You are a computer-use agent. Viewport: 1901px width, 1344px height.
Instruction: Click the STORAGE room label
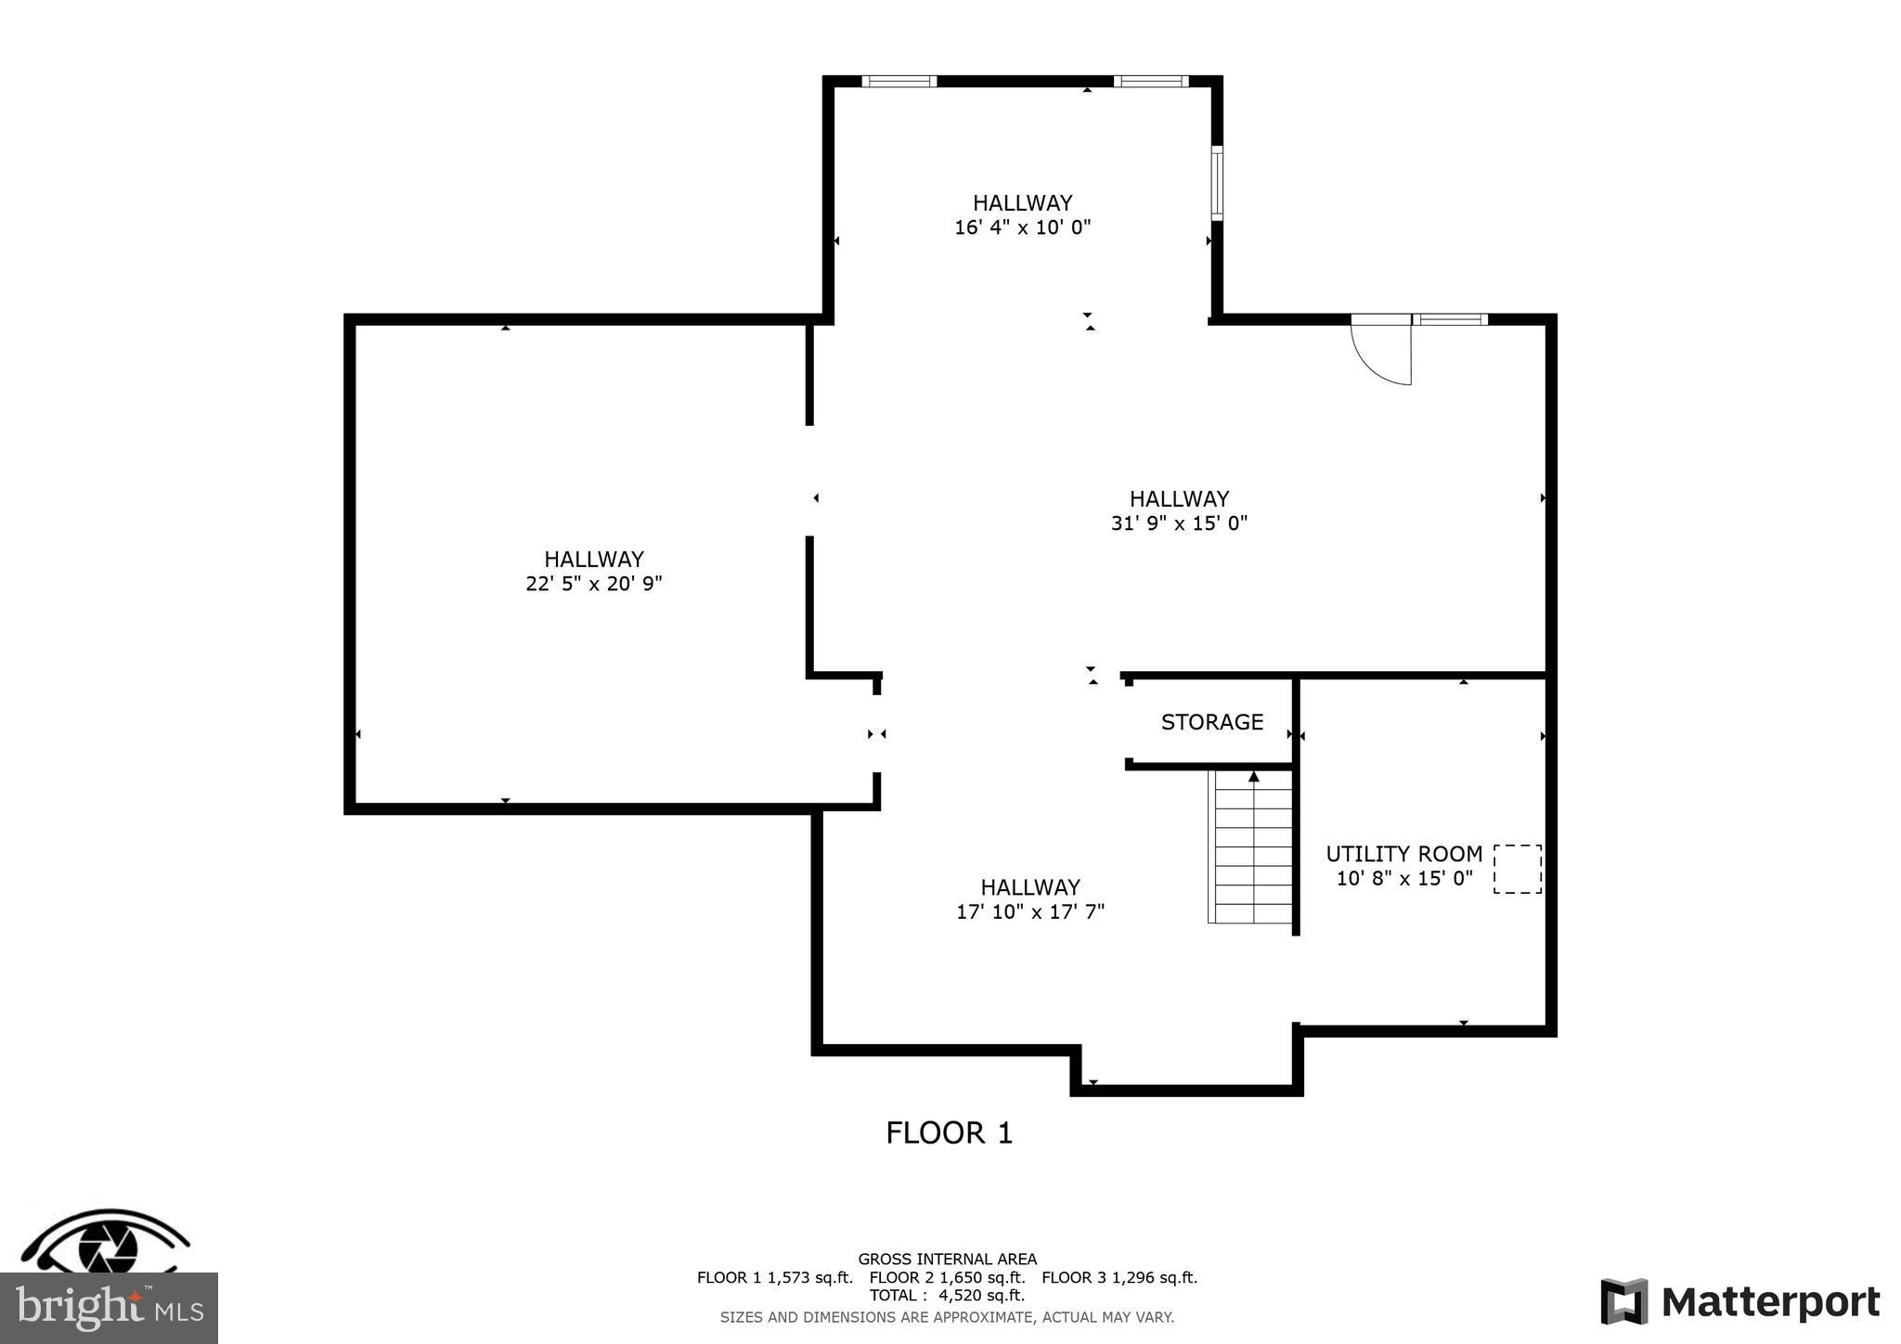click(x=1211, y=722)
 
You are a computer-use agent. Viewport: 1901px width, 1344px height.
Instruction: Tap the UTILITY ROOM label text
click(x=1403, y=854)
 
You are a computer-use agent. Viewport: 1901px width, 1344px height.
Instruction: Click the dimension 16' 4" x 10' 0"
click(x=1022, y=227)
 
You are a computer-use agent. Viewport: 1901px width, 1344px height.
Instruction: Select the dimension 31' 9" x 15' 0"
click(x=1179, y=523)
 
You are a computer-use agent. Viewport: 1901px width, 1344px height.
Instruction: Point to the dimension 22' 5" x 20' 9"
click(x=593, y=584)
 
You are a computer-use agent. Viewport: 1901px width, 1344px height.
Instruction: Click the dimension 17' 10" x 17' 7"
click(x=1030, y=911)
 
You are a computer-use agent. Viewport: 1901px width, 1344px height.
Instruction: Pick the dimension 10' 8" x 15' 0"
click(x=1403, y=878)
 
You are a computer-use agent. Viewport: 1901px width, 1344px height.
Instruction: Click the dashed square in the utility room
click(x=1517, y=870)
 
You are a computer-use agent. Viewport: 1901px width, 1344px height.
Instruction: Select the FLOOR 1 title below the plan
click(x=949, y=1133)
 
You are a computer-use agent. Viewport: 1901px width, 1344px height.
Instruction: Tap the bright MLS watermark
click(x=109, y=1308)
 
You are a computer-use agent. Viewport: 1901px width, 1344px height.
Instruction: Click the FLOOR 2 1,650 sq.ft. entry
click(x=947, y=1277)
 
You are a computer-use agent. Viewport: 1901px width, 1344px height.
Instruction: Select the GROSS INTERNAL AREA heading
click(x=947, y=1260)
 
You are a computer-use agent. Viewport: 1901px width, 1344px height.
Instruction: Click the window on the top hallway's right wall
click(x=1217, y=183)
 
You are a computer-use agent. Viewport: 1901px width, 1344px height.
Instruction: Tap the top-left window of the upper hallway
click(x=899, y=82)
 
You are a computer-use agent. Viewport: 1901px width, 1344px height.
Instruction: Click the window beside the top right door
click(x=1450, y=319)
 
